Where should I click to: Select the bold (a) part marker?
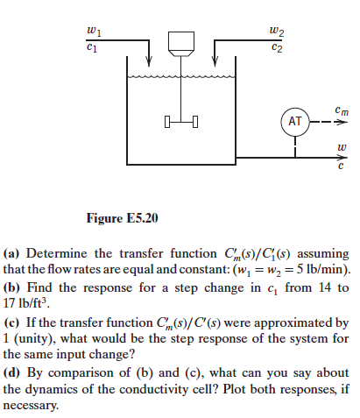[x=12, y=255]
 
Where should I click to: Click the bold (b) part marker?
[x=12, y=287]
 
